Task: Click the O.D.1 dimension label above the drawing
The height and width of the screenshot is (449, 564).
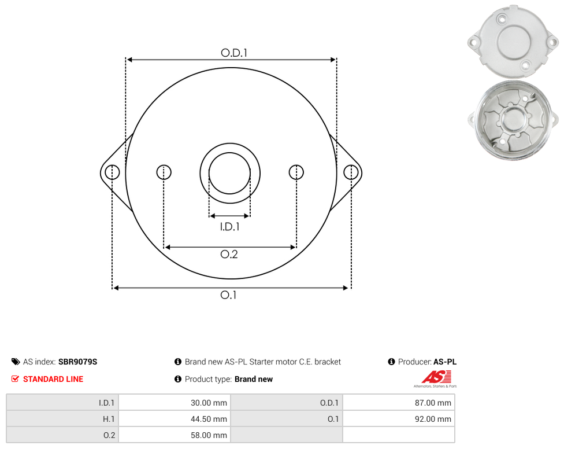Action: [234, 53]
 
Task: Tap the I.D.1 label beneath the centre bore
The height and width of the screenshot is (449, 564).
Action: [229, 226]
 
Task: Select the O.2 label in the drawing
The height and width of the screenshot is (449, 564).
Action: [229, 254]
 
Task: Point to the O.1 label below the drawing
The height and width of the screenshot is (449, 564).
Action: [228, 295]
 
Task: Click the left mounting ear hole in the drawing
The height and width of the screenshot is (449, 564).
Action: [112, 172]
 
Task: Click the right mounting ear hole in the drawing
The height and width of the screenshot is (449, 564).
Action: [351, 172]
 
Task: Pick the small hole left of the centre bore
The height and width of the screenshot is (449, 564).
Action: [164, 172]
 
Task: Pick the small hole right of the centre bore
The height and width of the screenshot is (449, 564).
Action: [296, 172]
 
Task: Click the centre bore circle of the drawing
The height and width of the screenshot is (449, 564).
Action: [229, 153]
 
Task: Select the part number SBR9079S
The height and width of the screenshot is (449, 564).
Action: [77, 362]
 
